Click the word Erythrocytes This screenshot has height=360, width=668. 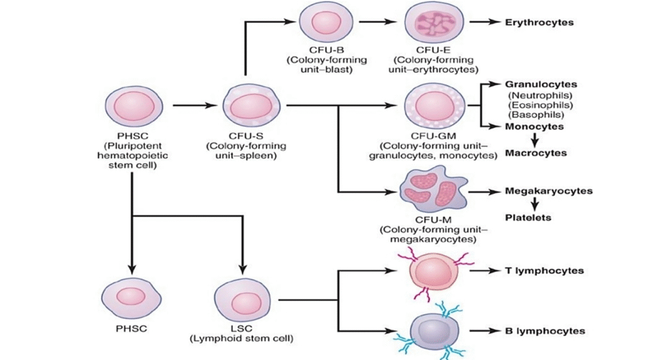[x=539, y=22]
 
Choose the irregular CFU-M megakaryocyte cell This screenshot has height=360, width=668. [x=429, y=191]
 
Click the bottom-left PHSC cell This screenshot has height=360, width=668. [x=131, y=299]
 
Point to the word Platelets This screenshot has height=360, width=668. [x=528, y=217]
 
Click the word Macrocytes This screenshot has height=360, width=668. [x=536, y=153]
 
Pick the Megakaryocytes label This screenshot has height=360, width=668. [x=549, y=191]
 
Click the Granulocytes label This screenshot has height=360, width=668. [x=540, y=85]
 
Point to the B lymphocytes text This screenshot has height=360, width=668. [x=545, y=331]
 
